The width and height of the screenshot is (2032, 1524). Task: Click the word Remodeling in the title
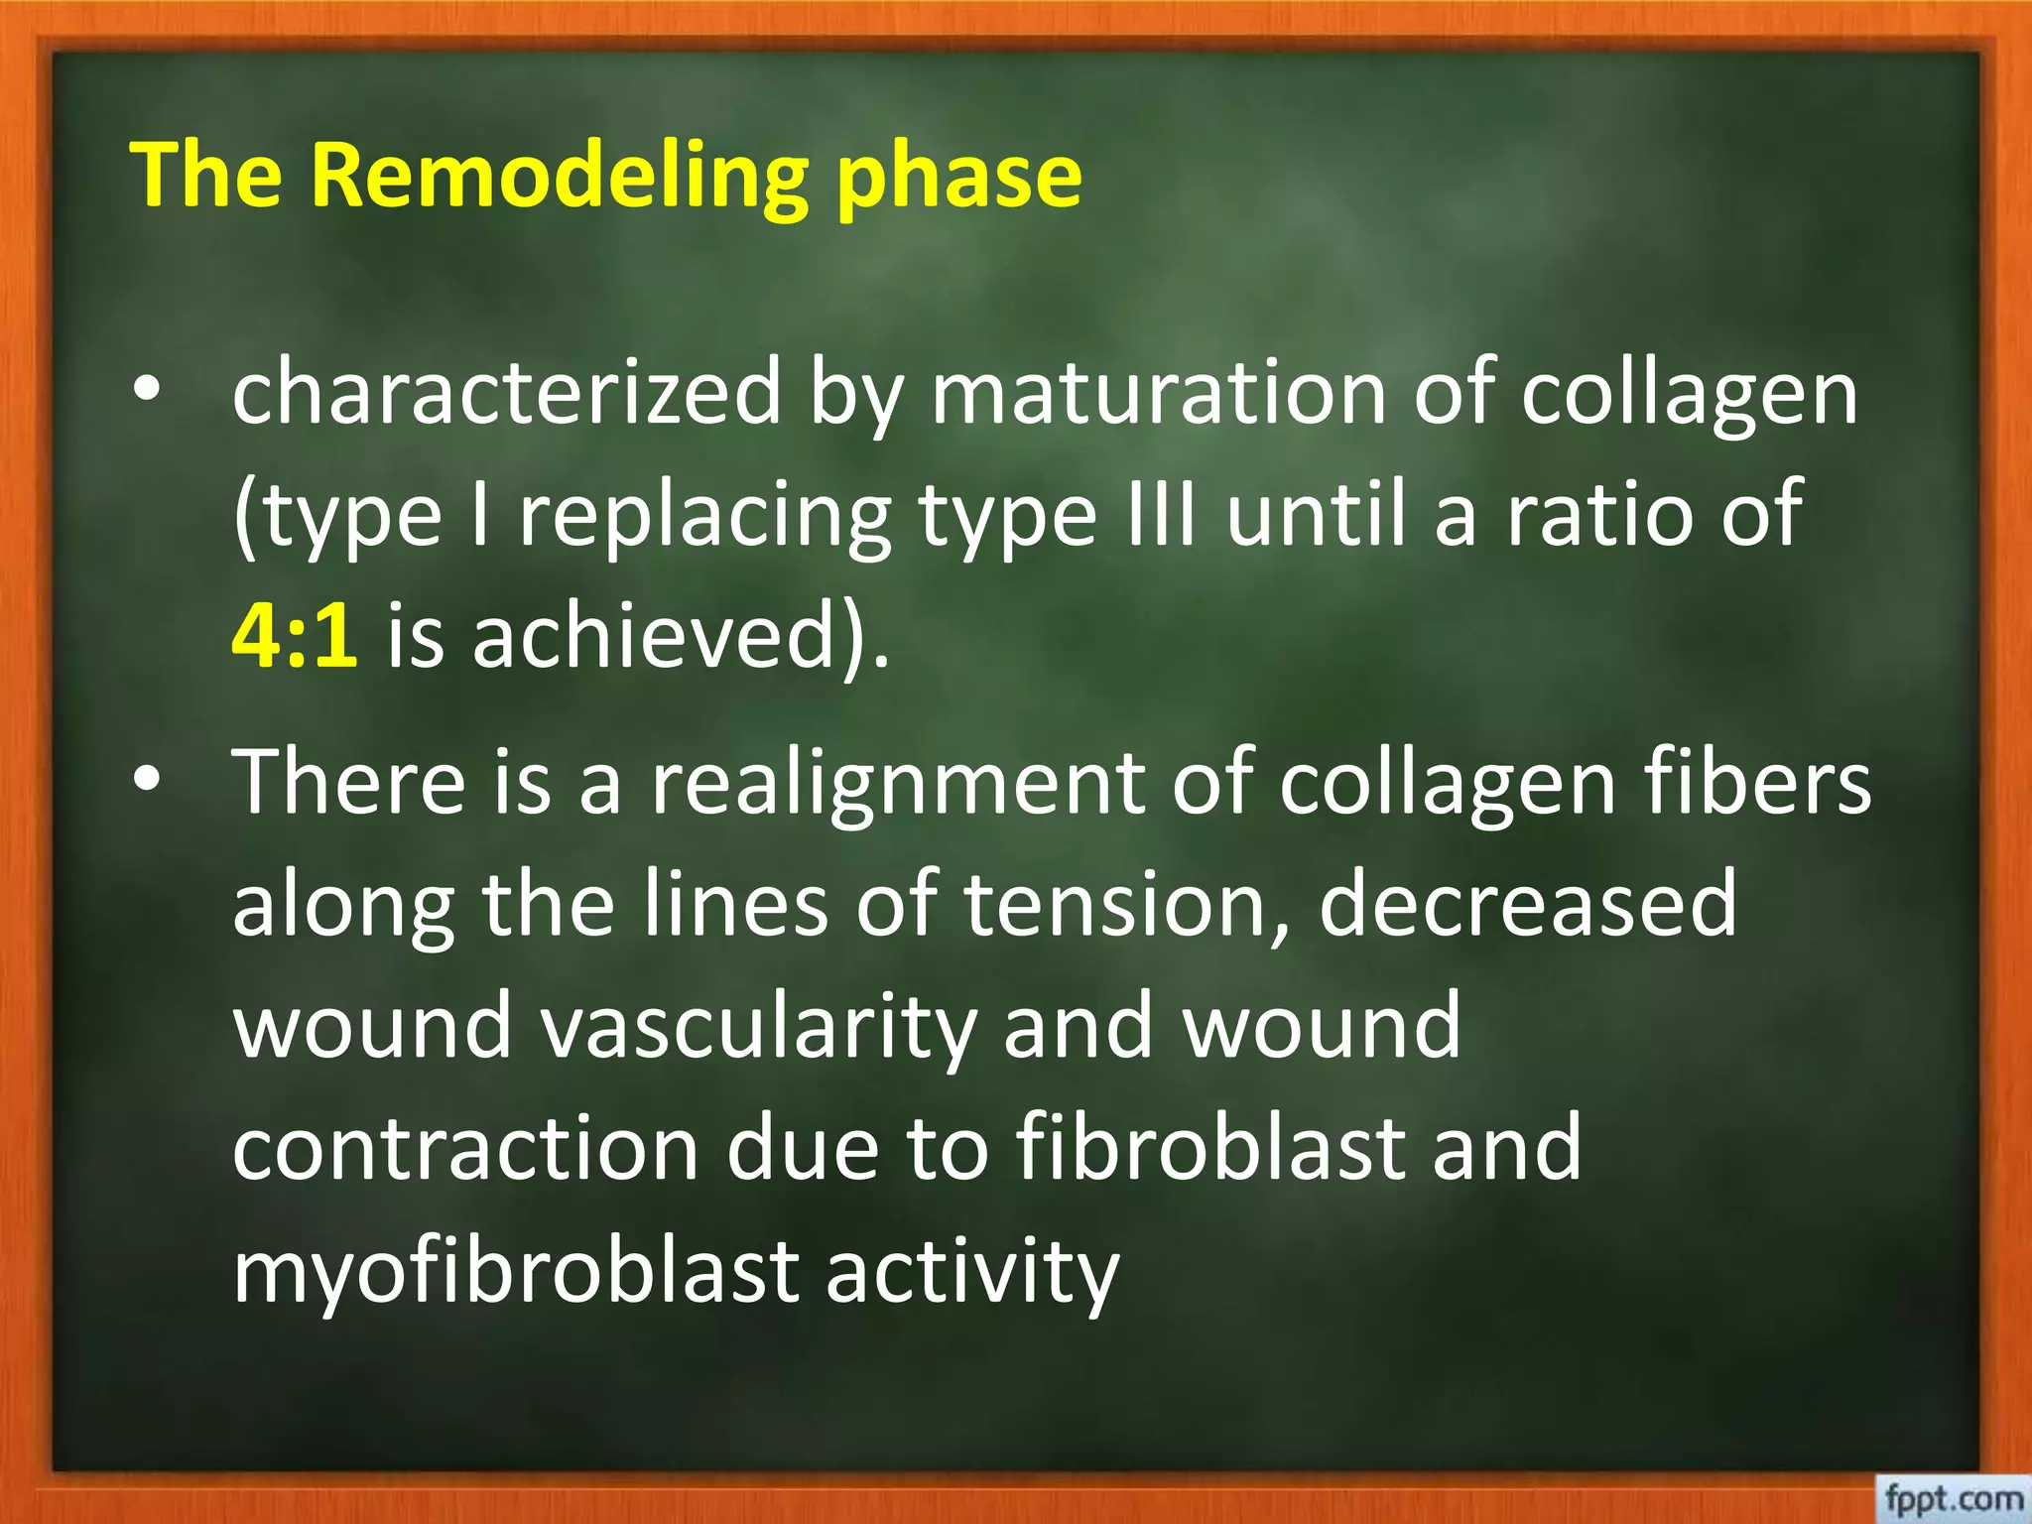click(x=559, y=176)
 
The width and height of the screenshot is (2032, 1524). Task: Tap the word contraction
click(x=465, y=1148)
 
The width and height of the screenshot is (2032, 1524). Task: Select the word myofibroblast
click(x=515, y=1271)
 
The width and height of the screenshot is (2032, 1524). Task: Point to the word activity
click(x=971, y=1271)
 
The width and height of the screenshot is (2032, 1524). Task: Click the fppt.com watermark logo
click(x=1954, y=1498)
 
